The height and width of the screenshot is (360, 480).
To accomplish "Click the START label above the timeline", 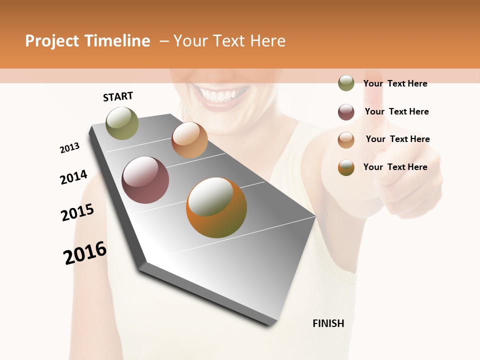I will click(x=118, y=96).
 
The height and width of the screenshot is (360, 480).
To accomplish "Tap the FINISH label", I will click(x=328, y=323).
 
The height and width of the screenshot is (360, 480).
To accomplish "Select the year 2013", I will click(x=69, y=148).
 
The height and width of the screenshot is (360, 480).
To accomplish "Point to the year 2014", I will click(x=73, y=177).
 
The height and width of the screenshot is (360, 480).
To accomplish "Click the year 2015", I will click(x=77, y=212).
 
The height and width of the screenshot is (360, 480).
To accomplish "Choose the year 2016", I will click(x=85, y=253).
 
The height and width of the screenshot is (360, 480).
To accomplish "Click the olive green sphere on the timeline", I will click(x=122, y=123).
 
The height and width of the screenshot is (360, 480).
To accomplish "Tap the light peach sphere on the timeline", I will click(x=189, y=140).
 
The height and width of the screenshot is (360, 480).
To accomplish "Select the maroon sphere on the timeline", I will click(x=145, y=180).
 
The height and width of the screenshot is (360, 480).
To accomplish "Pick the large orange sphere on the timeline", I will click(x=216, y=207).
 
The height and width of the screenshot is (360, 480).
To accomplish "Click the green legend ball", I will click(x=346, y=83).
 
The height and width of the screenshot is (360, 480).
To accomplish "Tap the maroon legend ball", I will click(x=346, y=112).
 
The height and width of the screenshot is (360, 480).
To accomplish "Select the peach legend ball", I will click(x=346, y=139).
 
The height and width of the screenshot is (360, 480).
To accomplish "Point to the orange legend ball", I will click(x=346, y=167).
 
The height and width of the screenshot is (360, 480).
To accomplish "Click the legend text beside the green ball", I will click(x=395, y=83).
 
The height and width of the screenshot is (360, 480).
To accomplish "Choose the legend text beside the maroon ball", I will click(x=396, y=111).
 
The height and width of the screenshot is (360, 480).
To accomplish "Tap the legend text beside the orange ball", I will click(x=395, y=167).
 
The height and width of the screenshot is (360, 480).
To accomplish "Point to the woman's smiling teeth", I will click(x=220, y=95).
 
